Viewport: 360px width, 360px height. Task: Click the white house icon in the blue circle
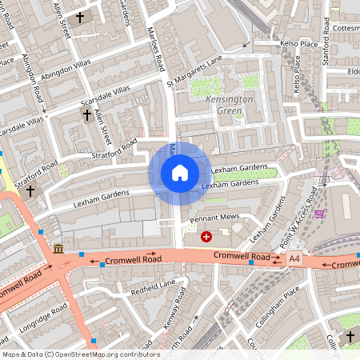[180, 172]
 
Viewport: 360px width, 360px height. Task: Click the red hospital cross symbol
[206, 236]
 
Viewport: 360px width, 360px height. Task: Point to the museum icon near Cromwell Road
[58, 250]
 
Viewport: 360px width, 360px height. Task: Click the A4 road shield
[294, 258]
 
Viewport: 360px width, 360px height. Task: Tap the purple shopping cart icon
[320, 214]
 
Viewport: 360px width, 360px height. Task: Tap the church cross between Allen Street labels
[80, 17]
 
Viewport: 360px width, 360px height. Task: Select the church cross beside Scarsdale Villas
[87, 116]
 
